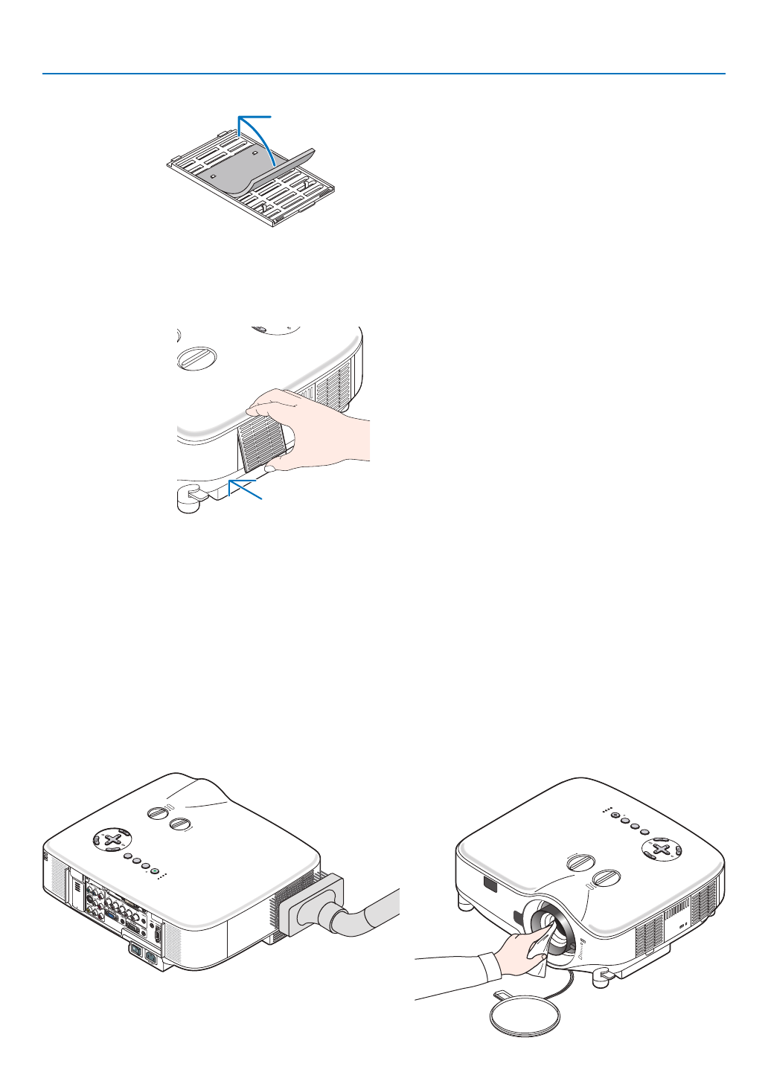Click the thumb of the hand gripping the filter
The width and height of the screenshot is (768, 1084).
(x=269, y=466)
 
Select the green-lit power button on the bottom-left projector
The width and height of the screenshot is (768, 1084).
(x=123, y=834)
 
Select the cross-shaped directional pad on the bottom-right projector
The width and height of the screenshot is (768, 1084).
(x=659, y=847)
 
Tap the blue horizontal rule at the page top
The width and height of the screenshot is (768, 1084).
(x=384, y=74)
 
